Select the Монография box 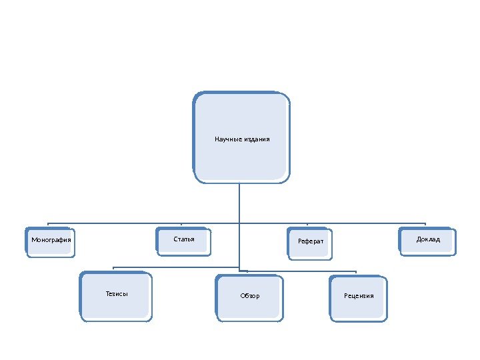pos(51,241)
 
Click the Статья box pos(184,241)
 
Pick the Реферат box pos(310,243)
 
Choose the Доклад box pos(428,241)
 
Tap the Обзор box pos(249,298)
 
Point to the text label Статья pos(184,239)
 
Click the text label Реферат pos(311,241)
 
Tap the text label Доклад pos(428,239)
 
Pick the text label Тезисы pos(117,293)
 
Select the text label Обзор pos(250,296)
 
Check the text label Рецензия pos(359,296)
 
